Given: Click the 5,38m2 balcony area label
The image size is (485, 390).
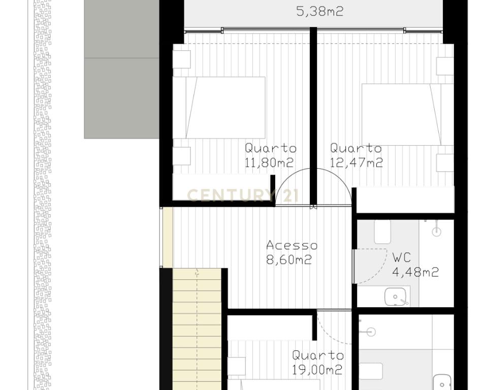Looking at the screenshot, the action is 320,12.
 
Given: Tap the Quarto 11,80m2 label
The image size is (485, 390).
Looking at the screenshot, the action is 270,155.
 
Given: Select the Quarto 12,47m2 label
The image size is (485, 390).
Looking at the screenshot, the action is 357,155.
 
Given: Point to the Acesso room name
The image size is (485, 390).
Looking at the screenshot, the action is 292,245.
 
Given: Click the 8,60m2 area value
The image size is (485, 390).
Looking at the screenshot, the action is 289,259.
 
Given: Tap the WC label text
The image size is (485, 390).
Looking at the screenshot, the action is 402,257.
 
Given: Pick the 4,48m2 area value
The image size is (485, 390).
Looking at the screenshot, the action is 415,272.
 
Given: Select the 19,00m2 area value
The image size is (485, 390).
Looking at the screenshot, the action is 317,370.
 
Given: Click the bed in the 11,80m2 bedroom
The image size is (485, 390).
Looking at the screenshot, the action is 219,108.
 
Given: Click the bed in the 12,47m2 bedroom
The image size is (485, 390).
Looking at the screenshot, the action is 408,114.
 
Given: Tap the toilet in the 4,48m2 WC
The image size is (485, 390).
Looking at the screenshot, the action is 382,232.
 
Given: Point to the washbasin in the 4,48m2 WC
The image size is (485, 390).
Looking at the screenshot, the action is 396,297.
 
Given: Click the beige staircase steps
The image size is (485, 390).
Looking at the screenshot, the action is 197,329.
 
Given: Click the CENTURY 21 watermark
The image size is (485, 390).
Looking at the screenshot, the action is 243,195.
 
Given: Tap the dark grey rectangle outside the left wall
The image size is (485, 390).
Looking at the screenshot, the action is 122,69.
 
